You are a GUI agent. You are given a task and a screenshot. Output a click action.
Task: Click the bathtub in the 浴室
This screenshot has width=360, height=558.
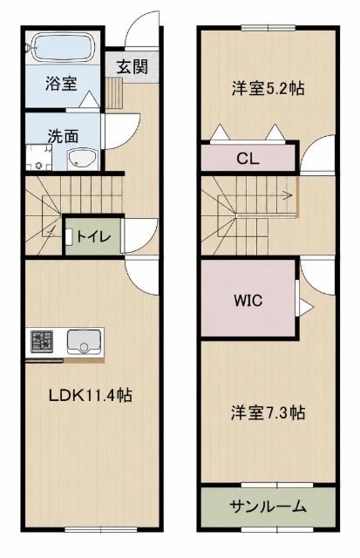click(x=63, y=48)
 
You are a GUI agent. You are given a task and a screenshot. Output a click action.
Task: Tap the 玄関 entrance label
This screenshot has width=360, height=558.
click(x=132, y=66)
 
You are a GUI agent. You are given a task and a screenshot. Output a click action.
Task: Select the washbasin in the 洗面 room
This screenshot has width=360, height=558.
click(x=82, y=159)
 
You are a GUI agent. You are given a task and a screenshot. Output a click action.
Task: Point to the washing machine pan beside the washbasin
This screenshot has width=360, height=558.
click(x=38, y=157)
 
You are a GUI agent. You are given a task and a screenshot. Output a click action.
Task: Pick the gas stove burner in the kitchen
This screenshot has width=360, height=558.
click(x=42, y=342)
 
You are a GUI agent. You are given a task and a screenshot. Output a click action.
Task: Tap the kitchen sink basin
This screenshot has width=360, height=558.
click(x=84, y=342)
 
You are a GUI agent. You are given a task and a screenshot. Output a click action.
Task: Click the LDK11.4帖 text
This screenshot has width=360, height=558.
click(x=91, y=395)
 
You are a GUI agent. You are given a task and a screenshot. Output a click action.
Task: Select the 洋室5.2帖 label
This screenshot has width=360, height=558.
click(x=268, y=88)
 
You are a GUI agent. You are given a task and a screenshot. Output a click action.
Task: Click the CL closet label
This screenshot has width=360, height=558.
click(x=248, y=159)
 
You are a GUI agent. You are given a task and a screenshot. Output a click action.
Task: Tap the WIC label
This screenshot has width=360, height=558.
click(x=248, y=301)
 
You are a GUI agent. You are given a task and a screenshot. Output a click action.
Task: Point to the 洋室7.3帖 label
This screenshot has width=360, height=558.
click(x=268, y=412)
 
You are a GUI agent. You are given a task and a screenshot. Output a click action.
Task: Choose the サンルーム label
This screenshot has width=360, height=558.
click(x=268, y=506)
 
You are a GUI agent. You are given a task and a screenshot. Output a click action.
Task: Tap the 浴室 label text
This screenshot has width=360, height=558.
click(x=61, y=84)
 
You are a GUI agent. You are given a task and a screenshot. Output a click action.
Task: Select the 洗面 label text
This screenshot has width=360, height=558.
click(x=63, y=136)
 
